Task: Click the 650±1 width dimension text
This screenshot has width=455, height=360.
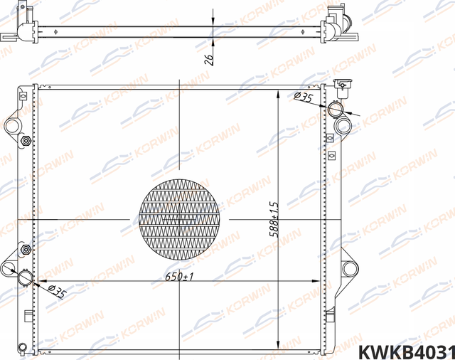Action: pyautogui.click(x=179, y=276)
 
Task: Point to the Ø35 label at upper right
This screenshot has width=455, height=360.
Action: pyautogui.click(x=304, y=97)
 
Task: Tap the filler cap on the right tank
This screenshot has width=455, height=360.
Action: pyautogui.click(x=342, y=88)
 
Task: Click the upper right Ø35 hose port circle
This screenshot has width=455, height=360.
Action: pyautogui.click(x=335, y=108)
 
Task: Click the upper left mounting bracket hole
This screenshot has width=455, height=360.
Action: pyautogui.click(x=13, y=127)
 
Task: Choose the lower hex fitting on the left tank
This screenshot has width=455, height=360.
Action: pyautogui.click(x=26, y=250)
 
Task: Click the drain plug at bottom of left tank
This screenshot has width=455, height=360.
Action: pyautogui.click(x=24, y=348)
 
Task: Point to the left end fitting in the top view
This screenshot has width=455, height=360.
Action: pyautogui.click(x=24, y=27)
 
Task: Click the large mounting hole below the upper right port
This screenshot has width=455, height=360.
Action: pyautogui.click(x=343, y=127)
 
